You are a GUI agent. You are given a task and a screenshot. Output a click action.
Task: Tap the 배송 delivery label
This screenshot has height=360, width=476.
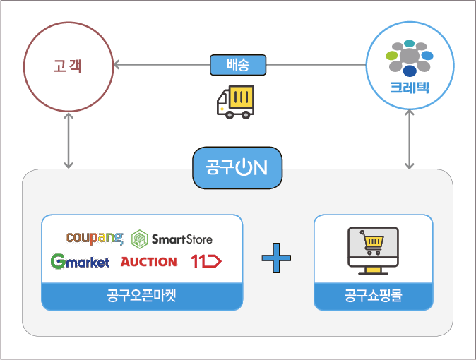click(x=239, y=65)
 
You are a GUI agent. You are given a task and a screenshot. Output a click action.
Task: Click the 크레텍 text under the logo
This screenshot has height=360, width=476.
click(x=410, y=88)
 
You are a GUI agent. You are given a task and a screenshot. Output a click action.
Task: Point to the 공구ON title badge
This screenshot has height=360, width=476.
click(x=237, y=168)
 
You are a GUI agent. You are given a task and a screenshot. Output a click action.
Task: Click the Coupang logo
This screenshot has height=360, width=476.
click(x=95, y=238)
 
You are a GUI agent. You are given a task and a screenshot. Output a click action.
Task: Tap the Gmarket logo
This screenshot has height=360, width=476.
click(x=80, y=261)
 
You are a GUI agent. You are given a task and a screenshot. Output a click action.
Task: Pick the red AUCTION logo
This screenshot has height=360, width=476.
click(x=148, y=261)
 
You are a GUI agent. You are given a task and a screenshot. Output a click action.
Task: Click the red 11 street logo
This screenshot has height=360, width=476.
click(x=206, y=261)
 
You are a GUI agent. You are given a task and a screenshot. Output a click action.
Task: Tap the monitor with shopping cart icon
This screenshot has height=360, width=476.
click(x=373, y=248)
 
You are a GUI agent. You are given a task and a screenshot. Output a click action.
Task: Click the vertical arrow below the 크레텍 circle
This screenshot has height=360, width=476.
click(x=410, y=138)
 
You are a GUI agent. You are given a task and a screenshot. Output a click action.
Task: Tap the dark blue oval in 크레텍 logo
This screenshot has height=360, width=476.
click(x=410, y=71)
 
